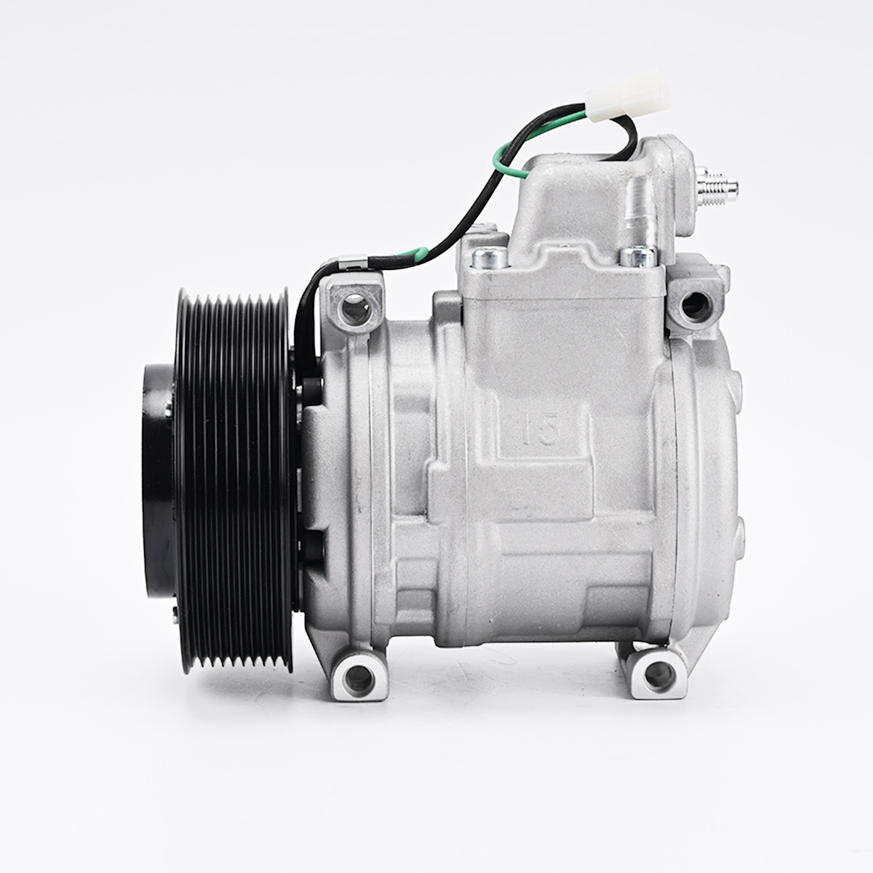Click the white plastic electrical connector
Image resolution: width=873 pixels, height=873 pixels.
(x=627, y=97)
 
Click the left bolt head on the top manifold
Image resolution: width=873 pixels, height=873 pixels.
(x=490, y=258)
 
